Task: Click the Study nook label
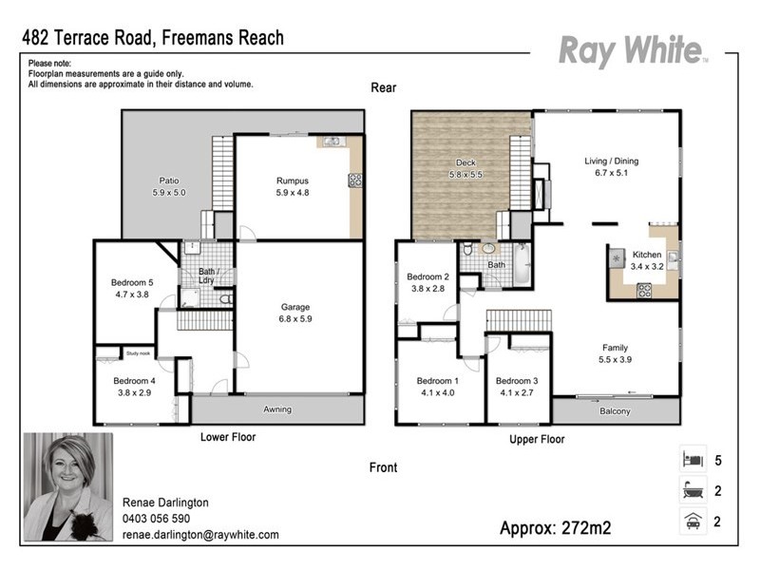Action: tap(138, 353)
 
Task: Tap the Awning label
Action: tap(277, 409)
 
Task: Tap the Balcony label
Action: tap(615, 410)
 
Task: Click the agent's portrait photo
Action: tap(67, 486)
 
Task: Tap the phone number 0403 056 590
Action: tap(156, 519)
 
